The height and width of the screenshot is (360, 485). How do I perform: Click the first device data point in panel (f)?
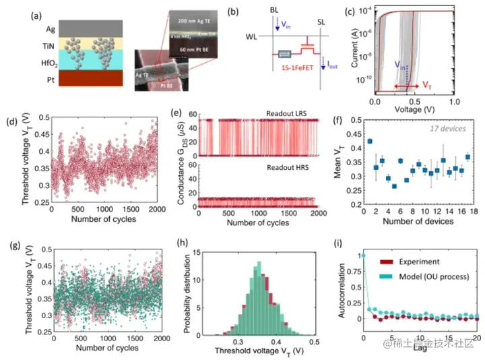click(369, 141)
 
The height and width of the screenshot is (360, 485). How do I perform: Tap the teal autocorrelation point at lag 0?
click(363, 255)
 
